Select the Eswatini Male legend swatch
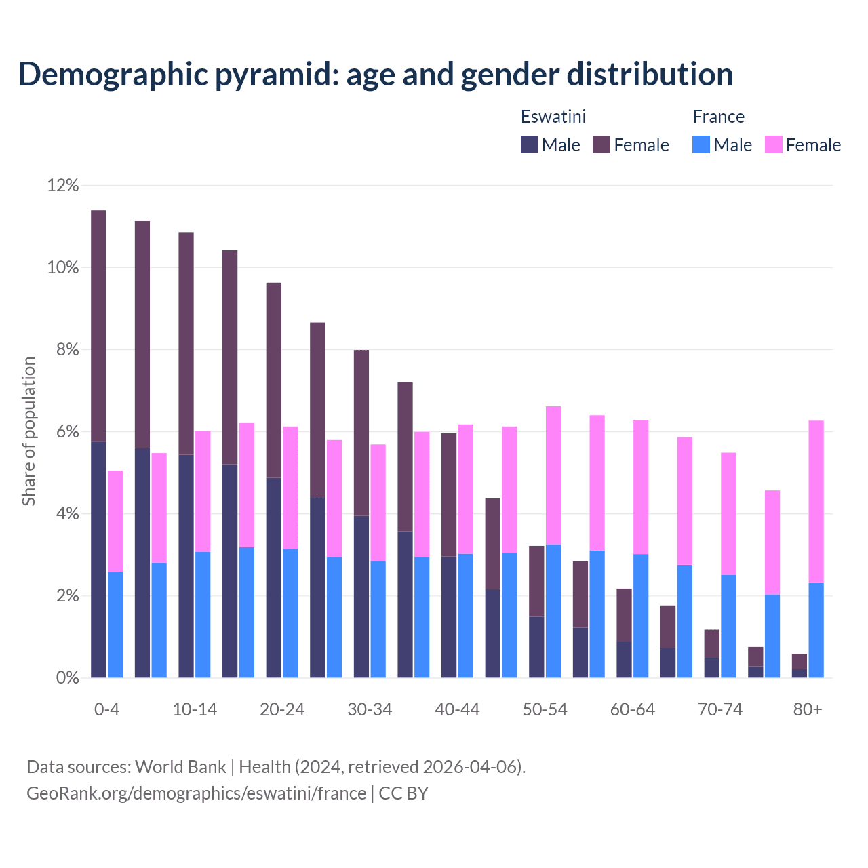point(529,144)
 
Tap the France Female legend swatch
point(773,144)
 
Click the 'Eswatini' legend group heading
point(553,117)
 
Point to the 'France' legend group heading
point(718,117)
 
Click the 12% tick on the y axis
point(63,185)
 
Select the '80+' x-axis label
point(807,709)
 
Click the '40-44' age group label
point(457,709)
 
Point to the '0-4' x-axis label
point(106,709)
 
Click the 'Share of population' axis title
point(28,431)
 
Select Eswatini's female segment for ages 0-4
point(98,325)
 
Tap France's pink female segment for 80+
point(816,502)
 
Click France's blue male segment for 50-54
point(553,610)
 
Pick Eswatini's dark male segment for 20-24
point(273,576)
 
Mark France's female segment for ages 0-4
point(115,521)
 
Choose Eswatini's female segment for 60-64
point(624,614)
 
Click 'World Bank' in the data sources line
point(180,766)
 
